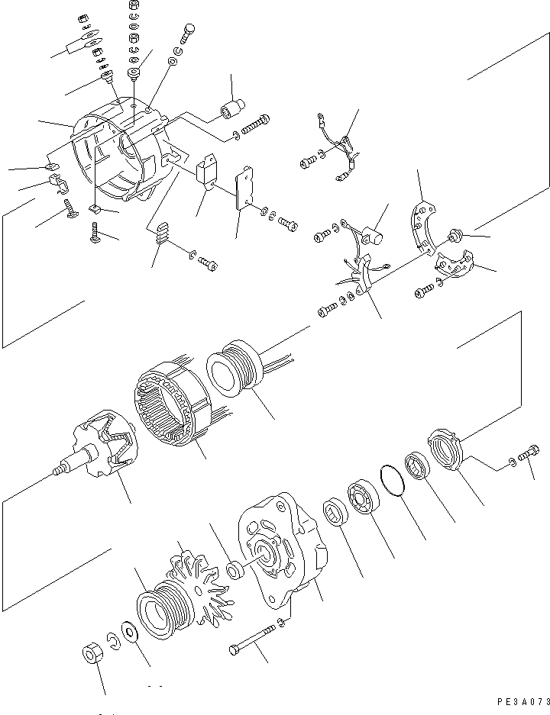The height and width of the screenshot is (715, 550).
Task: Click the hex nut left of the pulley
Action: pos(91,655)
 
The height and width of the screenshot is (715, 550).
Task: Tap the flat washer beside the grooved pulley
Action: pos(128,635)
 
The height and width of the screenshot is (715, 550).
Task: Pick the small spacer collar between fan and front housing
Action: pos(235,570)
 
